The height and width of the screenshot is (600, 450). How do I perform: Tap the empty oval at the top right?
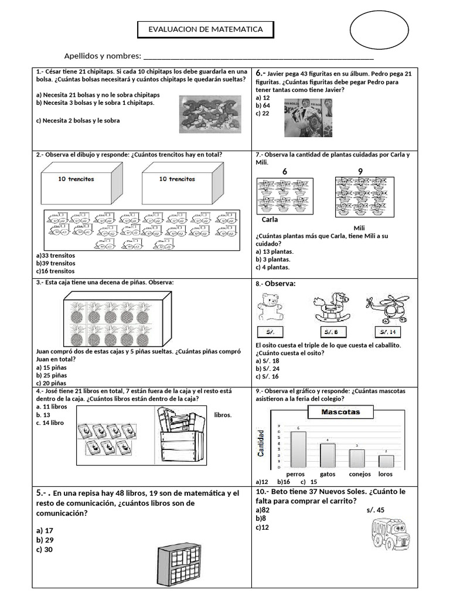pos(379,30)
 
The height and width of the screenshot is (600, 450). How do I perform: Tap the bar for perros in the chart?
pos(298,449)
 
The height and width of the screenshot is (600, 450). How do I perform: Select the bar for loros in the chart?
pos(386,461)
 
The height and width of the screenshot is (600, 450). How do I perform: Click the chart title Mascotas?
pos(340,412)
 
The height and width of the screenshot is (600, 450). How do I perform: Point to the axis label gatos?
pos(328,473)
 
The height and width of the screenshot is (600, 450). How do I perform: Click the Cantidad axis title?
pos(262,443)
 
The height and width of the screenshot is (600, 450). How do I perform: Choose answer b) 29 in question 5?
pos(45,539)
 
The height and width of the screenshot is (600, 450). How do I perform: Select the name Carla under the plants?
pos(270,220)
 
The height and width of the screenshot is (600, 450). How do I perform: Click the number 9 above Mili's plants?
pos(360,171)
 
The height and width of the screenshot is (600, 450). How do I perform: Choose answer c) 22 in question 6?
pos(262,114)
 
